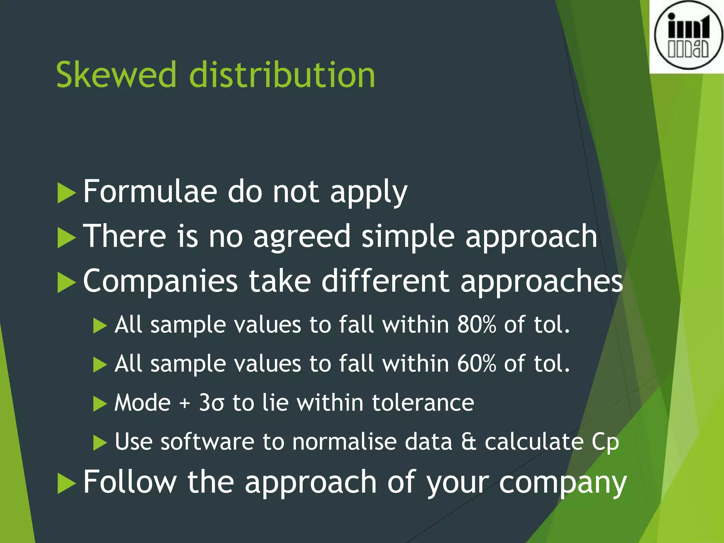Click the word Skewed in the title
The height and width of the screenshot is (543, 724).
click(x=116, y=75)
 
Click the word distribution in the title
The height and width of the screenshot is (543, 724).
click(x=282, y=75)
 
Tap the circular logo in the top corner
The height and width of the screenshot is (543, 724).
click(x=688, y=36)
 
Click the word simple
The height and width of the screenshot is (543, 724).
click(x=408, y=237)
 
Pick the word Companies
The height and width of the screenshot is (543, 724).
click(x=160, y=281)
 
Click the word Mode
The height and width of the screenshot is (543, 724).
click(x=142, y=403)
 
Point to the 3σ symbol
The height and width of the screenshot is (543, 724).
click(x=211, y=403)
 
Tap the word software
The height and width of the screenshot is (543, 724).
click(x=207, y=442)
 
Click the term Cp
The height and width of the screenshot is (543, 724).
click(x=605, y=443)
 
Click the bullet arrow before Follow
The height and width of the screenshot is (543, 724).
click(x=66, y=483)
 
